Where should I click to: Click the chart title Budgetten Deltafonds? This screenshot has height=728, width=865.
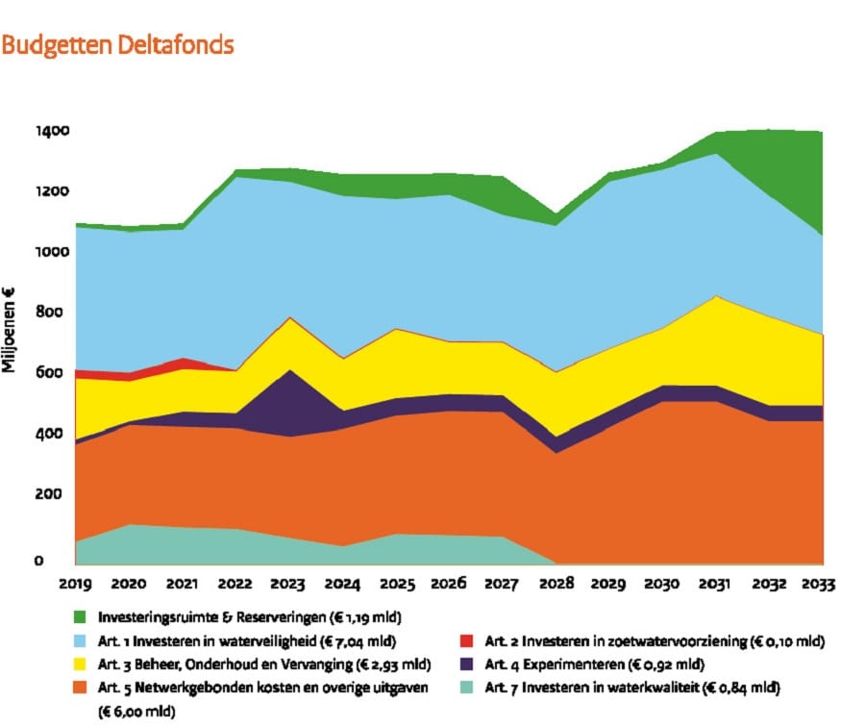[117, 44]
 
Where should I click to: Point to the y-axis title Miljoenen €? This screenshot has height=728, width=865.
[9, 330]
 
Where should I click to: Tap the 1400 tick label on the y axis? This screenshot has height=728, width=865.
[53, 131]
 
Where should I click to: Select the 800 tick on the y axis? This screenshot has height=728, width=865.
[49, 312]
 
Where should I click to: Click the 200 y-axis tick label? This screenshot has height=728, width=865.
[49, 493]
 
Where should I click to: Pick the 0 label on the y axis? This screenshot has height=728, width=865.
[38, 561]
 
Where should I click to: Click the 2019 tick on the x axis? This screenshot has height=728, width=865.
[76, 584]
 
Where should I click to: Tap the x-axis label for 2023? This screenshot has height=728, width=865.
[287, 584]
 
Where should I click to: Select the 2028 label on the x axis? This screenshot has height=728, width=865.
[556, 584]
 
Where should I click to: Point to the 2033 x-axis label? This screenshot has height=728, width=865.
[818, 584]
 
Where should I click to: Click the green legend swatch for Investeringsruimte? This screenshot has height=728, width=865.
[80, 616]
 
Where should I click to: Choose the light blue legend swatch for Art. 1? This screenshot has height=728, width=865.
[80, 640]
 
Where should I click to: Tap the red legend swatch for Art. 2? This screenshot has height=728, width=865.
[466, 640]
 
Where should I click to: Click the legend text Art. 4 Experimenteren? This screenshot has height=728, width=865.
[554, 664]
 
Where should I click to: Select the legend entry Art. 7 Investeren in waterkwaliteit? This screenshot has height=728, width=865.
[632, 688]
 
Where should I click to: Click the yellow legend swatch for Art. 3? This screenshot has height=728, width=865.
[80, 664]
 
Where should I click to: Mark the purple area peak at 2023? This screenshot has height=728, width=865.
[290, 370]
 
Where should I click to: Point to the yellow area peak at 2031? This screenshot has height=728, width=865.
[715, 297]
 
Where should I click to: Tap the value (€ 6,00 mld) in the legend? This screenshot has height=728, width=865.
[136, 712]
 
